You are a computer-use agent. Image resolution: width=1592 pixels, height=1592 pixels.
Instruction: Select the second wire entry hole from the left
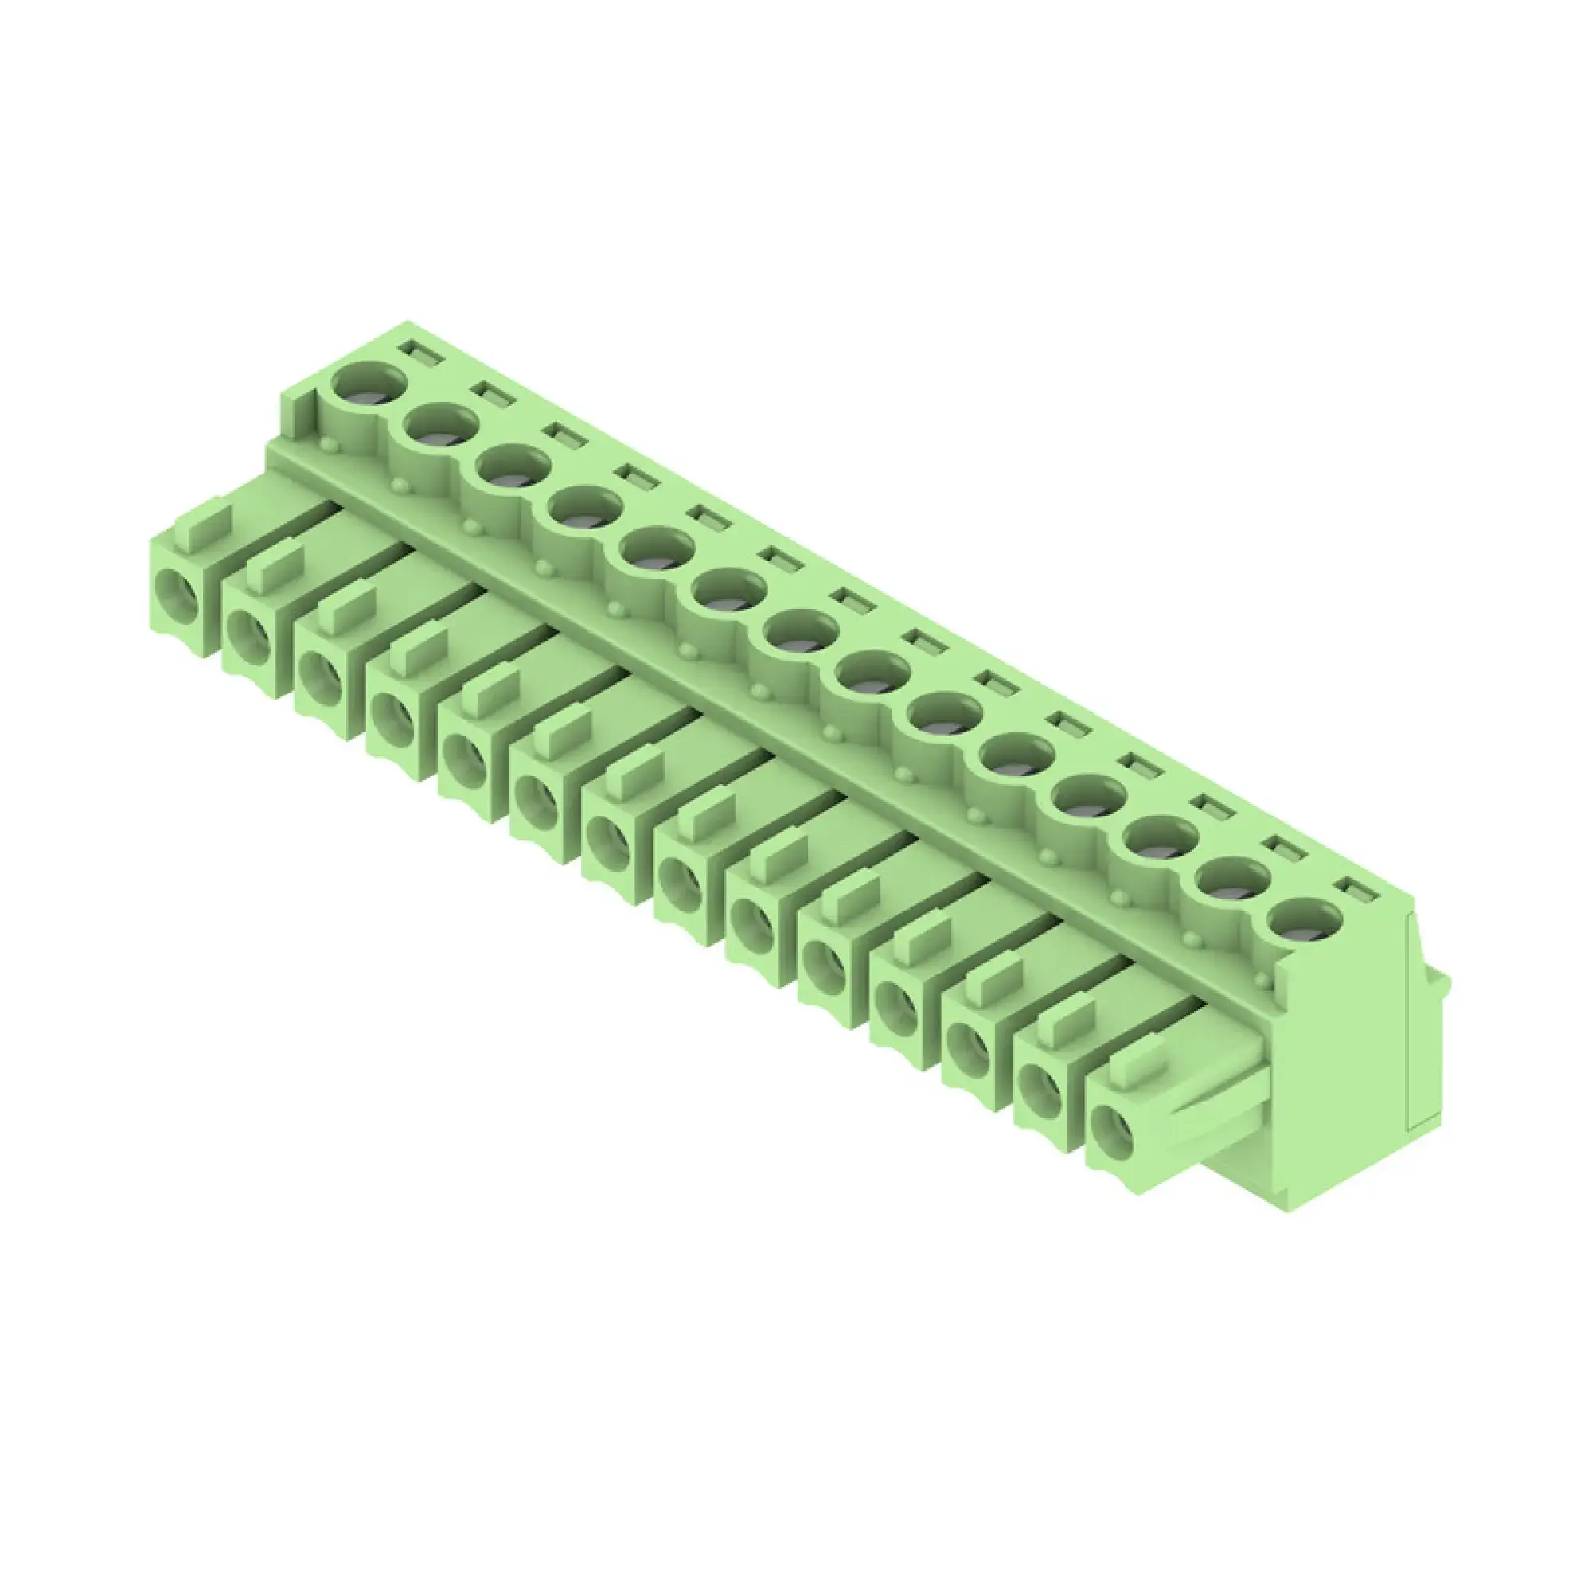(249, 634)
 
